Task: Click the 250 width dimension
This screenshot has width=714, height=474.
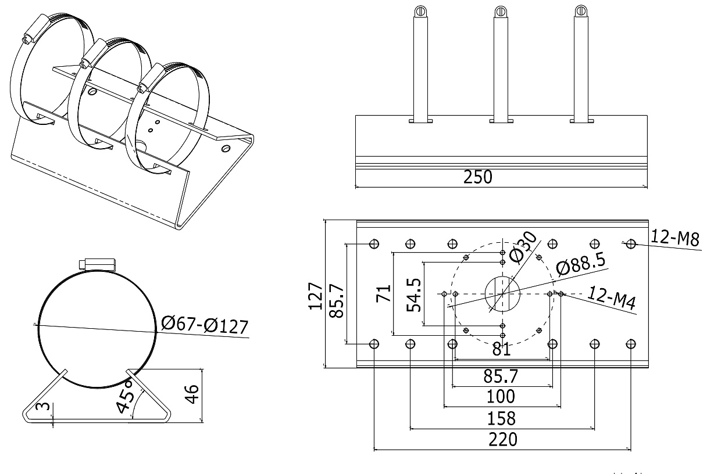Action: (x=477, y=177)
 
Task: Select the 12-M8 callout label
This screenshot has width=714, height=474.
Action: (x=675, y=237)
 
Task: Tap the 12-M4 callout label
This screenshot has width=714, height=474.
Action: (x=610, y=297)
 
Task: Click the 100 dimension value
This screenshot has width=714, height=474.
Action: (x=501, y=397)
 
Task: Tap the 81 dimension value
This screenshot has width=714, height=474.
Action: (x=501, y=350)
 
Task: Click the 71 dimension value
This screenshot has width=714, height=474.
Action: (x=383, y=293)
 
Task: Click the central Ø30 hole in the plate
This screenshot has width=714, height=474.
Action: (x=502, y=293)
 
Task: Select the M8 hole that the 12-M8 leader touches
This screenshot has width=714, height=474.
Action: (x=631, y=243)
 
